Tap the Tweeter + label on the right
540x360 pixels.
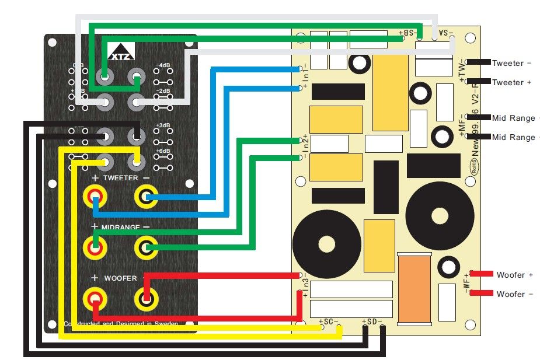[511, 82]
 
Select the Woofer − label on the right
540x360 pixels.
[514, 294]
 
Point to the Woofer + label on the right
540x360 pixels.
[514, 274]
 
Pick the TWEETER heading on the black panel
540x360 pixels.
[120, 177]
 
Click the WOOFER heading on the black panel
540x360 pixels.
[120, 278]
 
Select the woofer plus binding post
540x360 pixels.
[95, 300]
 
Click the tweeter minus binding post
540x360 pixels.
[146, 197]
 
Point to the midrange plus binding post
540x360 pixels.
[95, 247]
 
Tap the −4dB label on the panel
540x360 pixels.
[163, 65]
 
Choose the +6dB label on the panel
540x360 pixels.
[163, 152]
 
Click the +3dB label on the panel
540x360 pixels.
[163, 125]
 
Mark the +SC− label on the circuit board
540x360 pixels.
[329, 321]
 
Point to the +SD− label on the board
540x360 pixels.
[372, 321]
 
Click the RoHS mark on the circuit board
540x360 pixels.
[474, 165]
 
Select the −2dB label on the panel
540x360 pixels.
[163, 91]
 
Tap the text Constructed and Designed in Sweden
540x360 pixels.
[120, 323]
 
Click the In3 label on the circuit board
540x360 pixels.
[305, 285]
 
